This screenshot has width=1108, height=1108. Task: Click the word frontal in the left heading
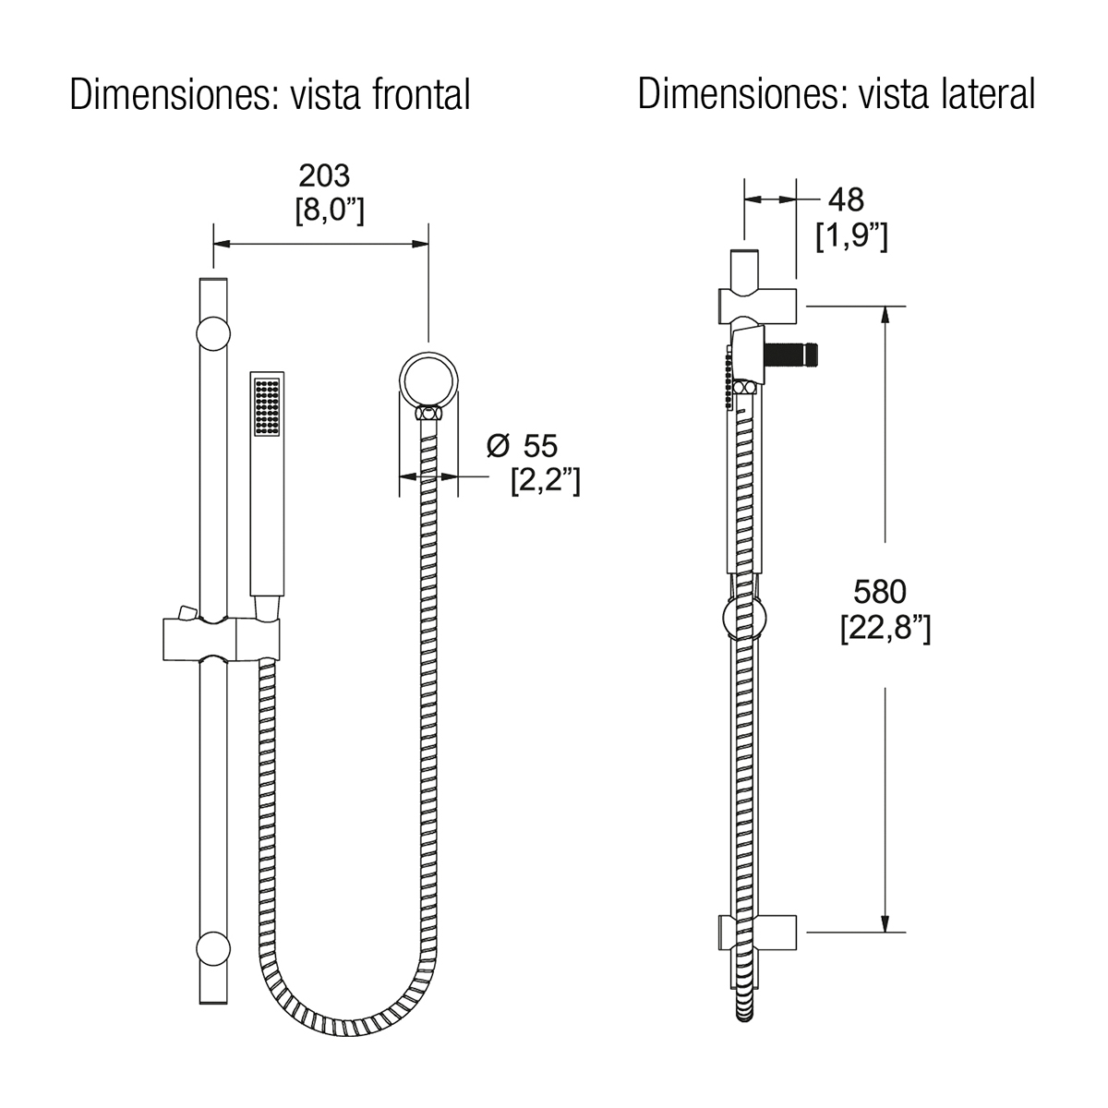421,94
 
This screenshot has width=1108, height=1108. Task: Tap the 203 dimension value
324,176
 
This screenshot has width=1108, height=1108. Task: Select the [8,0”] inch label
330,211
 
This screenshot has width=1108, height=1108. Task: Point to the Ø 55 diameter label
522,446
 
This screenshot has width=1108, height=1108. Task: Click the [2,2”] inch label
546,481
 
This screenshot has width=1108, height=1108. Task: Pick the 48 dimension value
846,199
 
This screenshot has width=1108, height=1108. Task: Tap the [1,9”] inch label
851,235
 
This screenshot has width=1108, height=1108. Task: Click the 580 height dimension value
880,592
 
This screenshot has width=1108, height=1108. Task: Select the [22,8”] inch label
885,628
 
